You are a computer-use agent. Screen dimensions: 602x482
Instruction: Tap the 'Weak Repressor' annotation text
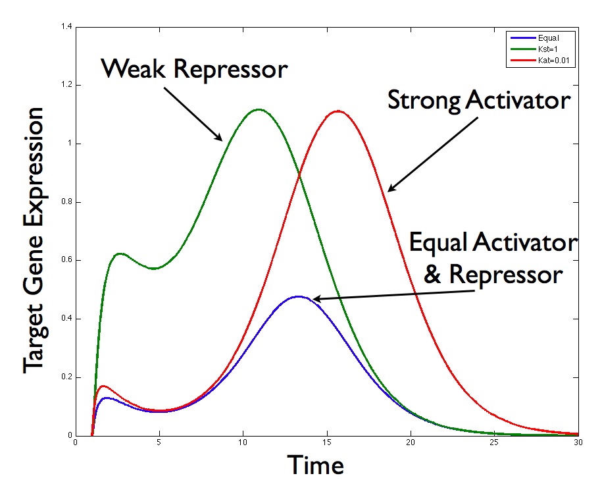pos(194,69)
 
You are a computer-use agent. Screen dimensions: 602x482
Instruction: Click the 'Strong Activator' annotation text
pos(479,101)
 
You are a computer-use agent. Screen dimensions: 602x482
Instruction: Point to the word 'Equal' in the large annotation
pos(438,243)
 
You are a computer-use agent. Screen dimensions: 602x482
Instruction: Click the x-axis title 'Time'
pos(315,465)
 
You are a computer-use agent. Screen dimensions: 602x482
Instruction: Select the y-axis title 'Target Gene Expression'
pos(34,240)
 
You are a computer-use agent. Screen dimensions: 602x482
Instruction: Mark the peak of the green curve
pos(259,109)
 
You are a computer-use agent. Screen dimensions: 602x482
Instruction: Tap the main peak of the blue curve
pos(298,296)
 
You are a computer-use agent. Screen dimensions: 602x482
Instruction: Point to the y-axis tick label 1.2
pos(66,85)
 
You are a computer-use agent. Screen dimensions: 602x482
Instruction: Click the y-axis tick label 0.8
pos(66,201)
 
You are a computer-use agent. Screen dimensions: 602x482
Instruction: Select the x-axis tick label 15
pos(327,442)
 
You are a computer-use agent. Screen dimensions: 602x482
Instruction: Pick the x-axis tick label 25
pos(494,442)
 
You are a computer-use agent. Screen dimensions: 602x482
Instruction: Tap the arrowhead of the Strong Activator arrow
pos(391,188)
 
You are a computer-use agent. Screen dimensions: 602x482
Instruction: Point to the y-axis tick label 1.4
pos(66,26)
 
